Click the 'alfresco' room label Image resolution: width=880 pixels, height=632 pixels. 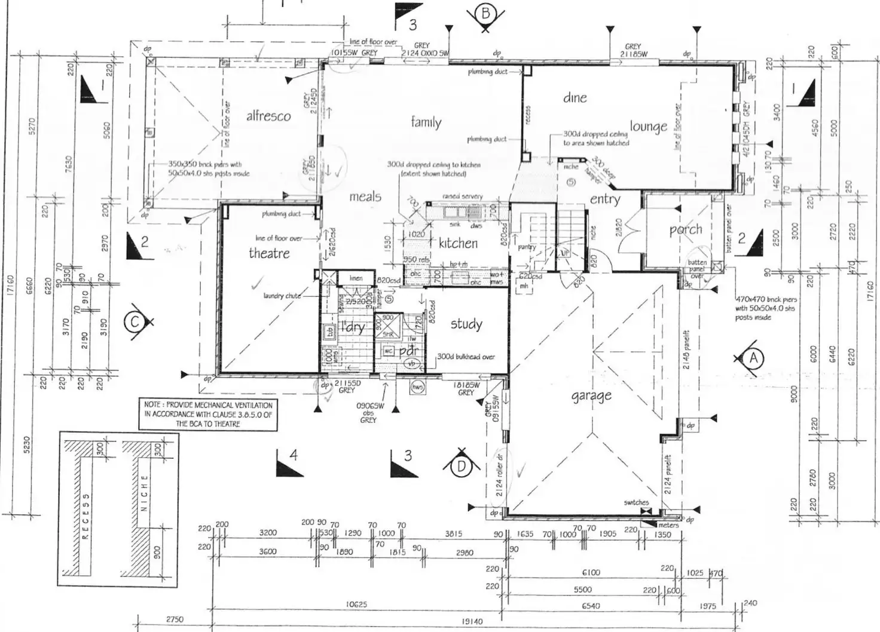pyautogui.click(x=268, y=116)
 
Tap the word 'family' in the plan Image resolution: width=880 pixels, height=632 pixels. pyautogui.click(x=426, y=122)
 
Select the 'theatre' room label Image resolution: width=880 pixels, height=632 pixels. pyautogui.click(x=269, y=253)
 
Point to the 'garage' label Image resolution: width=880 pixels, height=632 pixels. pyautogui.click(x=591, y=395)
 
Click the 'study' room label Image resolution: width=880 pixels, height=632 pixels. pyautogui.click(x=466, y=324)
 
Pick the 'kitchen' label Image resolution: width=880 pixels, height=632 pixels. pyautogui.click(x=458, y=243)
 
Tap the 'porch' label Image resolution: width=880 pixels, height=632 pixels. pyautogui.click(x=686, y=229)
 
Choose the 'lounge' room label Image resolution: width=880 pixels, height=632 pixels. pyautogui.click(x=648, y=127)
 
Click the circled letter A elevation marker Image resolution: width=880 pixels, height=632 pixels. pyautogui.click(x=753, y=358)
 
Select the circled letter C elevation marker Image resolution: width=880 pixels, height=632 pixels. pyautogui.click(x=134, y=322)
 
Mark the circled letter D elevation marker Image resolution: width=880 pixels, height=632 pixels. pyautogui.click(x=461, y=467)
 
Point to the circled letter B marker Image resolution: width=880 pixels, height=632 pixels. pyautogui.click(x=485, y=13)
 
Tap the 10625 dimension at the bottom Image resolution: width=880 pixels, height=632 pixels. pyautogui.click(x=356, y=605)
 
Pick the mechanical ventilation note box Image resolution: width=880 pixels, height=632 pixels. pyautogui.click(x=209, y=414)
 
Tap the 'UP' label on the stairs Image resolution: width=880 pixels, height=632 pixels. pyautogui.click(x=564, y=253)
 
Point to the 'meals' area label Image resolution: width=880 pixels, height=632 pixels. pyautogui.click(x=365, y=197)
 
